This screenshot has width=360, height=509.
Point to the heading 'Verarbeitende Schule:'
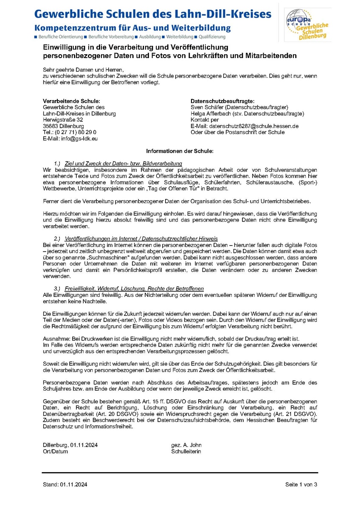click(71, 101)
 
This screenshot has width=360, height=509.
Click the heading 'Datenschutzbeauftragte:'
click(222, 101)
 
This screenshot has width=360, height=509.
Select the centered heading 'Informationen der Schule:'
click(180, 151)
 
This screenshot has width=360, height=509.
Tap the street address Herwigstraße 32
click(63, 120)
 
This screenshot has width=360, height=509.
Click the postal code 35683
click(51, 126)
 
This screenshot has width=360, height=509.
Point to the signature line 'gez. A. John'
click(186, 445)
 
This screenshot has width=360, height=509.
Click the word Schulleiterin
click(186, 451)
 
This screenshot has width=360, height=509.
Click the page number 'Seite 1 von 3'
click(301, 484)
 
